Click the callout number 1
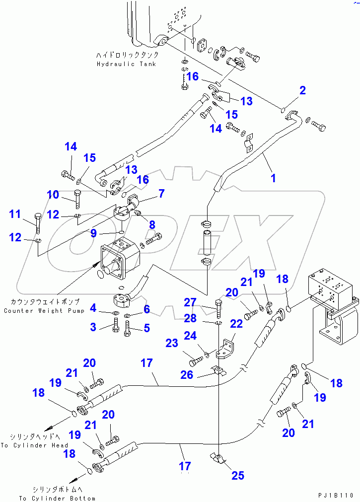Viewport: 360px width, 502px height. coord(273,178)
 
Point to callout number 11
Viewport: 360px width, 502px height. coord(15,215)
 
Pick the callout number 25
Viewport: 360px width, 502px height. coord(238,475)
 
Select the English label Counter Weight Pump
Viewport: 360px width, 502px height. coord(44,311)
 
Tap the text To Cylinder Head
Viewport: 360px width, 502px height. coord(34,445)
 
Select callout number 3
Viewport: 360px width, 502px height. coord(93,326)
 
